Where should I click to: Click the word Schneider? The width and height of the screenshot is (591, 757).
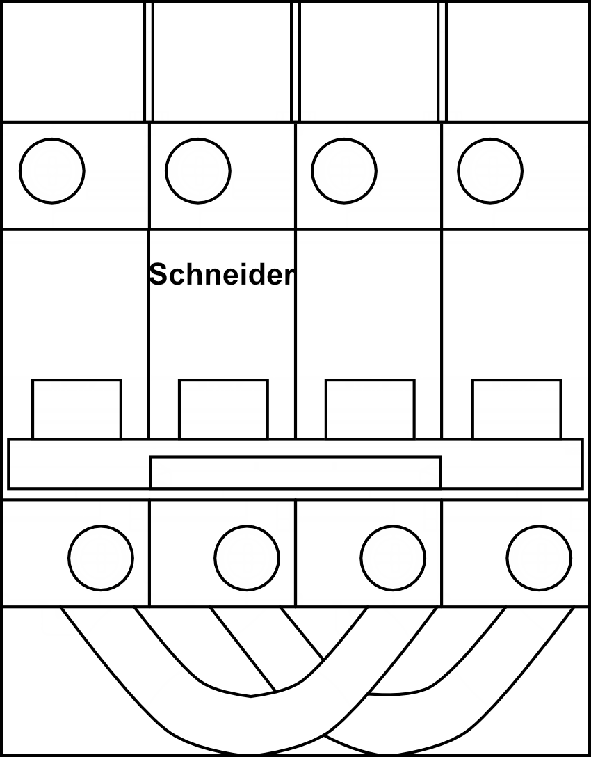(222, 275)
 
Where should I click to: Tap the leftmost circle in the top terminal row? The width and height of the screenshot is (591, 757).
(52, 170)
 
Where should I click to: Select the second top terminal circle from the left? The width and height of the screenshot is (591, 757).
(198, 170)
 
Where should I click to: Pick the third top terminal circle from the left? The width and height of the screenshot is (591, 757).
(344, 170)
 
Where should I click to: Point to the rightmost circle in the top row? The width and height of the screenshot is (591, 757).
(490, 170)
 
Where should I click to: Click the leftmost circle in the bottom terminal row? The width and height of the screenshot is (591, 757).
(101, 557)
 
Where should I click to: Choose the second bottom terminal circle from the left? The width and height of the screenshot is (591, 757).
(247, 557)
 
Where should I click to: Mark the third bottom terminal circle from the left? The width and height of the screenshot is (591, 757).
(393, 557)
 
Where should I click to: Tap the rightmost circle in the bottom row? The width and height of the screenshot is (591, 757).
(539, 557)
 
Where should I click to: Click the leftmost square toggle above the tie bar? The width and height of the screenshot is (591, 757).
(76, 409)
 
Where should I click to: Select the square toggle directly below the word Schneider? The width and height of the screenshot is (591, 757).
(223, 409)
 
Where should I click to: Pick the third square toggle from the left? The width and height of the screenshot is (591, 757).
(370, 409)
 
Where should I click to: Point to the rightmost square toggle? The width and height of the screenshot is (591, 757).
(517, 409)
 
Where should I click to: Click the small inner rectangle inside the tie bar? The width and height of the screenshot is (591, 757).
(295, 472)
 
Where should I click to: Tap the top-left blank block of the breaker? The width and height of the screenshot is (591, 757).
(74, 62)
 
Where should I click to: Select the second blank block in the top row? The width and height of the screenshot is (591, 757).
(222, 62)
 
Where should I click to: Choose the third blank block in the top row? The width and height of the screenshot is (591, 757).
(369, 62)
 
